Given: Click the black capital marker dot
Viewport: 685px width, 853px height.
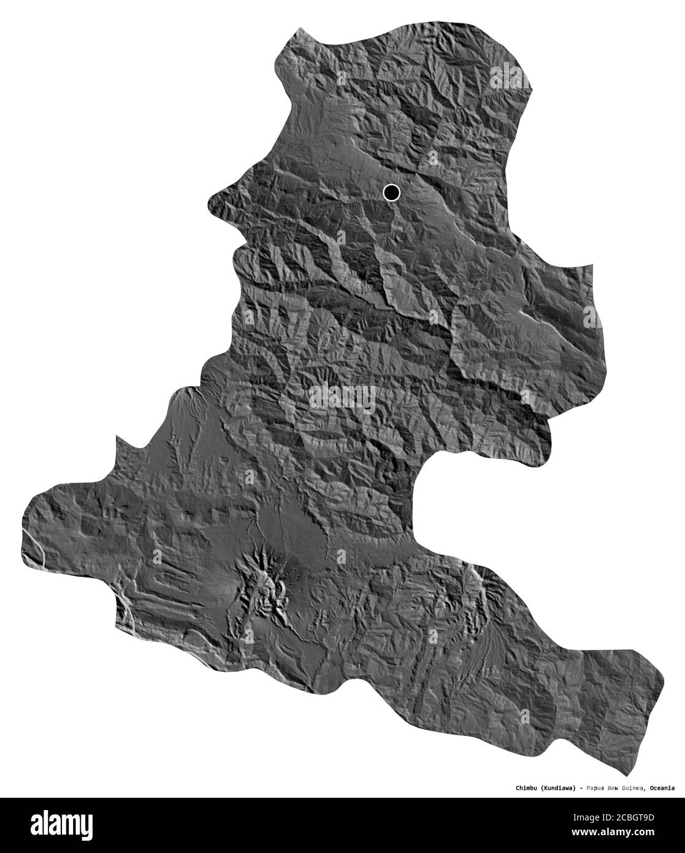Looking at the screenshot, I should coord(391,193).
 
